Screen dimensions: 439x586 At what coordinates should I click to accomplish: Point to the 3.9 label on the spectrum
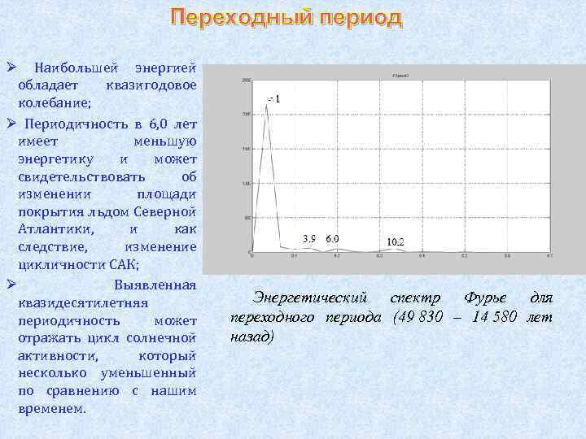309,238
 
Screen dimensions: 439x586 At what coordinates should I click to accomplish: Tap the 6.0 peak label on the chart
332,238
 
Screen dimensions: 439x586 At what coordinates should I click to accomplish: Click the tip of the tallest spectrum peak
267,105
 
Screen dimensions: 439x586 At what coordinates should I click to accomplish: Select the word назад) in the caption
252,335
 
